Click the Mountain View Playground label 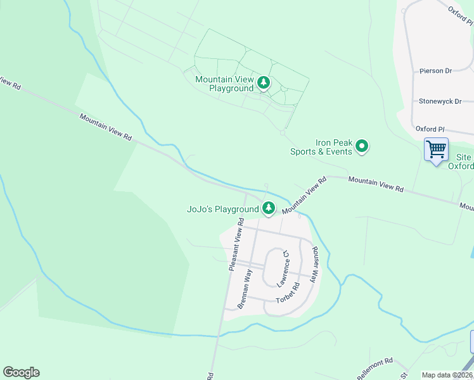click(x=224, y=84)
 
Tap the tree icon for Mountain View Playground click(x=263, y=82)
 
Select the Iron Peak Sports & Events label click(x=321, y=147)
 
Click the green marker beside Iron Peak click(x=362, y=147)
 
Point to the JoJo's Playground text click(x=222, y=209)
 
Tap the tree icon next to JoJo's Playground click(x=269, y=208)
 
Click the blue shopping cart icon click(x=436, y=150)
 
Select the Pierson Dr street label click(x=435, y=71)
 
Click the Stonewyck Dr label click(x=440, y=101)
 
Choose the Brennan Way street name click(x=245, y=289)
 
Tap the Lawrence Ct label click(x=283, y=268)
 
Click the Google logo click(x=21, y=372)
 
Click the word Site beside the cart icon click(x=463, y=156)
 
